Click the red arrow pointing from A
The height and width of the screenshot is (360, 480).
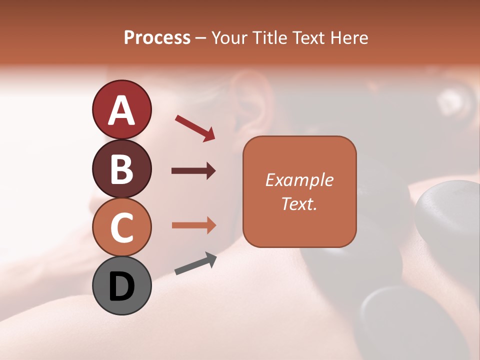click(195, 127)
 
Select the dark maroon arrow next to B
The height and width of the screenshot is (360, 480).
click(193, 171)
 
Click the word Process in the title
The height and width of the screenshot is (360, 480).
click(157, 38)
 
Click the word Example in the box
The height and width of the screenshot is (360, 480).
click(299, 180)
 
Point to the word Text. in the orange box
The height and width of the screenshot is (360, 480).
click(299, 203)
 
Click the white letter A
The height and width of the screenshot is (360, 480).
click(121, 110)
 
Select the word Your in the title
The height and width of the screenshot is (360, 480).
click(229, 38)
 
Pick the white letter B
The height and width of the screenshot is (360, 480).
click(121, 169)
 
